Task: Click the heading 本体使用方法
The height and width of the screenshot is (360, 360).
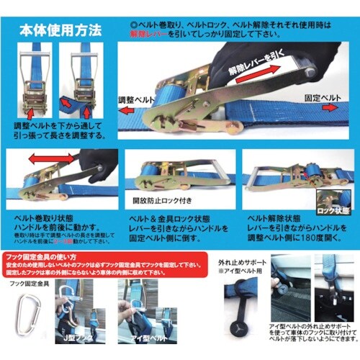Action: pyautogui.click(x=60, y=31)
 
